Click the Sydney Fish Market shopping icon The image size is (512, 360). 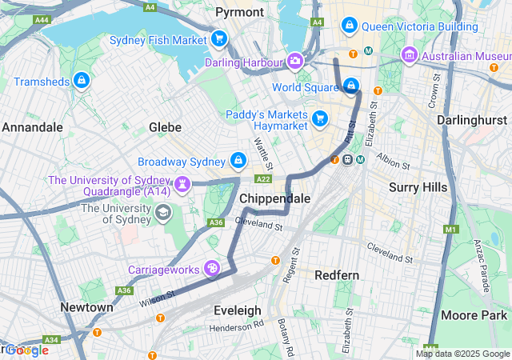point(219,39)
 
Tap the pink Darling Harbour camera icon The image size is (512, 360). point(295,62)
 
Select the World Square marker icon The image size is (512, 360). point(350,86)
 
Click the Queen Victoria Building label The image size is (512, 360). point(419,26)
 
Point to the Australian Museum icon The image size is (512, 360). point(410,56)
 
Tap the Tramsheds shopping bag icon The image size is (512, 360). point(81,80)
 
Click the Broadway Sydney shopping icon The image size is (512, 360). point(238,161)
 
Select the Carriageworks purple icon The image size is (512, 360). point(212,268)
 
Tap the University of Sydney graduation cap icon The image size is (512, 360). point(163,212)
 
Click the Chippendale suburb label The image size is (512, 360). point(274,198)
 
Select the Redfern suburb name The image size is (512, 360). point(337,275)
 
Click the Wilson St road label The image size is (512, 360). point(156,297)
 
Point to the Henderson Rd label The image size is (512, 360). point(236,327)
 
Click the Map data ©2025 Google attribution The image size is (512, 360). point(462,354)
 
